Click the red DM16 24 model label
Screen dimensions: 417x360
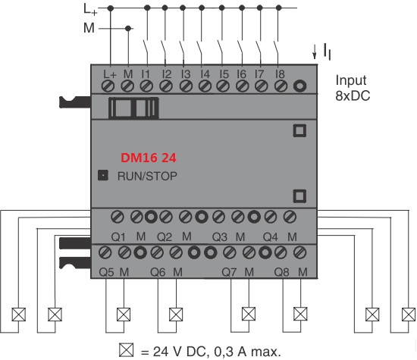pos(149,158)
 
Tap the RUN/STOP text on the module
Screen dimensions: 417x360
pos(147,177)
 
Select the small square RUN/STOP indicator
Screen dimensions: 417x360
pos(103,175)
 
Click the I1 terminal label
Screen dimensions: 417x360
pos(146,74)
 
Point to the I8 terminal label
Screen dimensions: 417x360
pos(280,74)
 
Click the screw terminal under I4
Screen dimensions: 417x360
pos(205,86)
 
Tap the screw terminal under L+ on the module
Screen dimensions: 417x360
pos(108,86)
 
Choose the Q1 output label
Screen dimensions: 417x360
pos(118,237)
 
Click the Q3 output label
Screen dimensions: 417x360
pos(219,237)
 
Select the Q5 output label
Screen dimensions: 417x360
pos(106,272)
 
